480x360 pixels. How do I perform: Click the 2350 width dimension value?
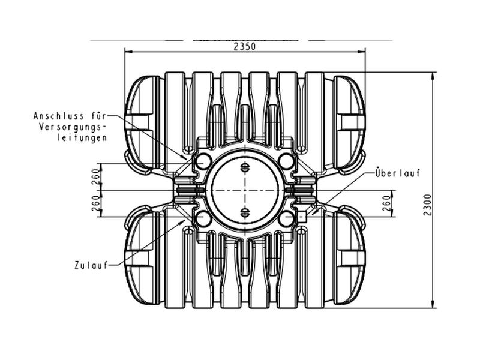pyautogui.click(x=245, y=46)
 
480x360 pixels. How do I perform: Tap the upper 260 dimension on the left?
pyautogui.click(x=94, y=177)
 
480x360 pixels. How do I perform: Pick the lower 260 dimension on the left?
pyautogui.click(x=94, y=204)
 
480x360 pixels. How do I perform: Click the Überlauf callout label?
pyautogui.click(x=397, y=173)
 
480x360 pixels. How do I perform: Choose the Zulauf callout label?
pyautogui.click(x=91, y=265)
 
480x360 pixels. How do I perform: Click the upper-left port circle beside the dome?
pyautogui.click(x=203, y=161)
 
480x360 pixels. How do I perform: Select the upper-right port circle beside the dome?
pyautogui.click(x=286, y=161)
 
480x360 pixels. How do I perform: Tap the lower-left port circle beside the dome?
pyautogui.click(x=203, y=217)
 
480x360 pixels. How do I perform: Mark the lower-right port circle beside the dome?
pyautogui.click(x=286, y=217)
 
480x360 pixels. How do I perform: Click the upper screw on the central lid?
pyautogui.click(x=244, y=167)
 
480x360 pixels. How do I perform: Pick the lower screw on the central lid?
pyautogui.click(x=244, y=211)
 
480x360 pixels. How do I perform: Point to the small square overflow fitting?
pyautogui.click(x=302, y=215)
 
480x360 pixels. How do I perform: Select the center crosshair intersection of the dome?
pyautogui.click(x=244, y=190)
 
